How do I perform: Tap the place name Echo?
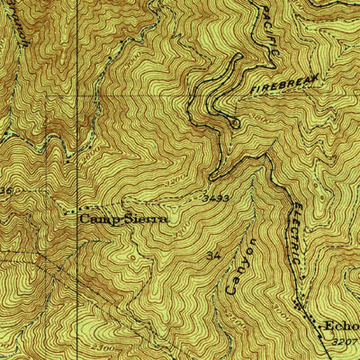342,326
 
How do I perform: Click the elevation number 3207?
343,342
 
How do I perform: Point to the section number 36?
6,192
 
